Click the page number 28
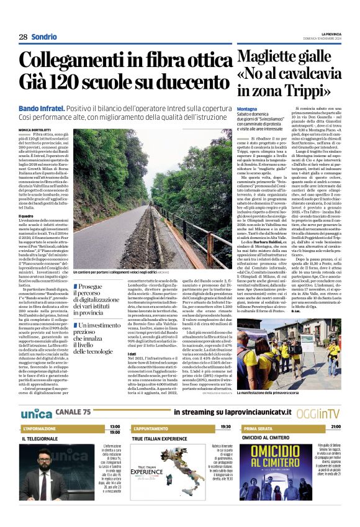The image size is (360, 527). [22, 37]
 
